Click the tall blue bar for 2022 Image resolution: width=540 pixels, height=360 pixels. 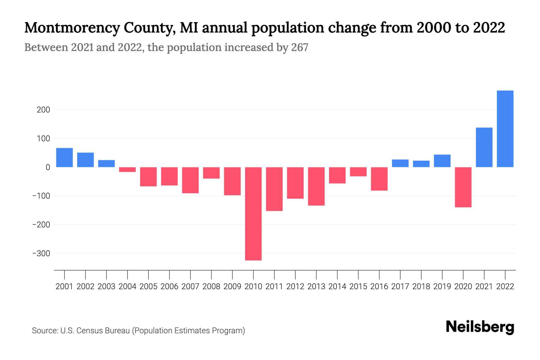pos(505,129)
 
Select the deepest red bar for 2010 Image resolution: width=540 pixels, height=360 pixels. pos(253,214)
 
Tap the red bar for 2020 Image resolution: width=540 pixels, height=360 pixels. pos(463,187)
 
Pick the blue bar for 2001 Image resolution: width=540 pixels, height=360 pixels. pos(64,157)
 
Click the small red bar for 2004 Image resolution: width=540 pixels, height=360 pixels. pos(127,169)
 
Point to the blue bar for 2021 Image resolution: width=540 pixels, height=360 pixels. pos(484,147)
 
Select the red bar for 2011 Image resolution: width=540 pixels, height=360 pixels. pos(274,189)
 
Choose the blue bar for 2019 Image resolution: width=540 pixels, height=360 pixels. pos(442,161)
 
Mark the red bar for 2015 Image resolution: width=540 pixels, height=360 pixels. pos(358,172)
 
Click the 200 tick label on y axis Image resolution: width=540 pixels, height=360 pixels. pos(43,110)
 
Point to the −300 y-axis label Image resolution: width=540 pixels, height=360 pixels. pos(41,253)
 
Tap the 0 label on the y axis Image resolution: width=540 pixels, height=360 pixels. pos(48,167)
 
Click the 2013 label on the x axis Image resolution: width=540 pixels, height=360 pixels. pos(316,286)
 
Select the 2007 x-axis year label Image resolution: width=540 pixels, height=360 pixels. pos(190,286)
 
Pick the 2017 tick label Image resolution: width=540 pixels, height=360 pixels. pos(400,286)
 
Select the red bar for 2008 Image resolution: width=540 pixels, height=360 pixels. pos(211,173)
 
